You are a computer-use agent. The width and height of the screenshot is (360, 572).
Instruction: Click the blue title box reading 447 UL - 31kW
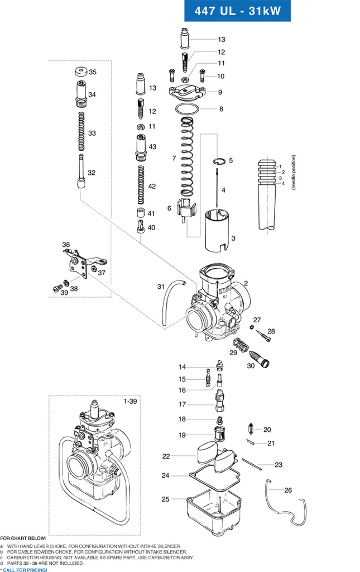[x=237, y=11]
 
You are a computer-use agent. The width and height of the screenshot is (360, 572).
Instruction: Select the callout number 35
[x=93, y=72]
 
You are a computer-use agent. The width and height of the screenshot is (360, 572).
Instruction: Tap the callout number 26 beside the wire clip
[x=288, y=490]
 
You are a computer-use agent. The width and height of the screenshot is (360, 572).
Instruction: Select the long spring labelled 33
[x=81, y=131]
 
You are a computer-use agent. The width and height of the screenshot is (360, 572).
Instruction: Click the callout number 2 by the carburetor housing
[x=246, y=284]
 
